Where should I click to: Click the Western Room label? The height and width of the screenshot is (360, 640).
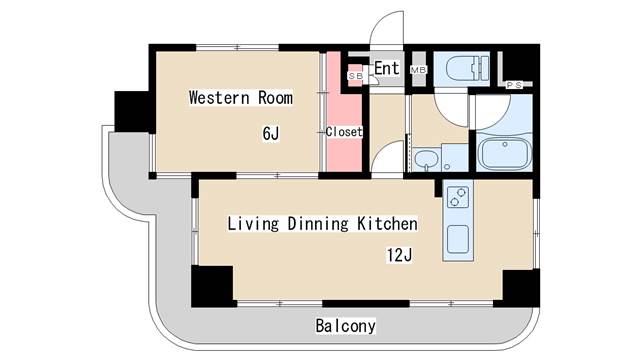[x=241, y=98]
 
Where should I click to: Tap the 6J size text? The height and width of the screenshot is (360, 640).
[x=270, y=132]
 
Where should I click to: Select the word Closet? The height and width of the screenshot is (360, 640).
[x=343, y=132]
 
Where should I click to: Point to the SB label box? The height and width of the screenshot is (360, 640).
[x=355, y=75]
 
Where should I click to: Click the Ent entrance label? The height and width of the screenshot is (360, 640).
[x=387, y=68]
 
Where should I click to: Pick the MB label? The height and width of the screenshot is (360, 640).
[x=418, y=70]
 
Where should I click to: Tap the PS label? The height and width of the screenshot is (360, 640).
[x=515, y=85]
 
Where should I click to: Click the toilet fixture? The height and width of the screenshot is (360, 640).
[x=463, y=68]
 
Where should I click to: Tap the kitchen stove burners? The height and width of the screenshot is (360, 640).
[x=456, y=199]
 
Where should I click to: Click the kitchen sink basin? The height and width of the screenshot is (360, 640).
[x=457, y=240]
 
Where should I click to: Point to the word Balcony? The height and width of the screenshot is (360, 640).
[x=345, y=326]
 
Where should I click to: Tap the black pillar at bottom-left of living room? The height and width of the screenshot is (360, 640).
[x=212, y=286]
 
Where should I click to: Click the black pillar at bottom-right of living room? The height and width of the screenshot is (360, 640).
[x=521, y=288]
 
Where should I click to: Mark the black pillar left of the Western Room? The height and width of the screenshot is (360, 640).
[x=131, y=111]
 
